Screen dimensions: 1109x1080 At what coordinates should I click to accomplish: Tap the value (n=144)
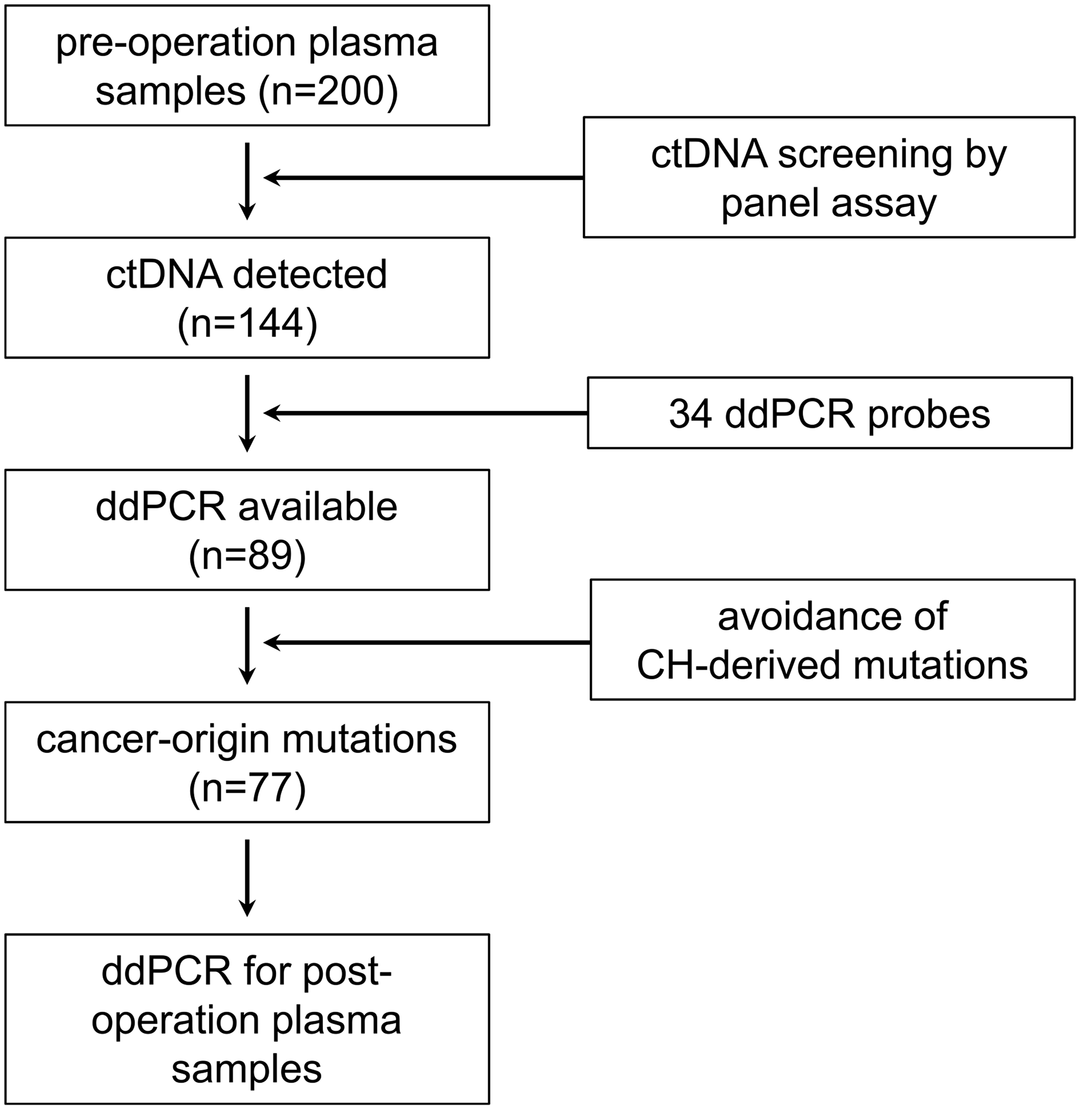(x=247, y=324)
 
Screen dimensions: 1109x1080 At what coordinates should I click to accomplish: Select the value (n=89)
(x=247, y=556)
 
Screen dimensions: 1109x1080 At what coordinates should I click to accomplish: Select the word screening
(x=865, y=154)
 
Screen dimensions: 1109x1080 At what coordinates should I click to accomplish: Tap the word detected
(x=310, y=275)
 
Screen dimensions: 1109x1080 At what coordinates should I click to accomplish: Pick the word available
(x=318, y=507)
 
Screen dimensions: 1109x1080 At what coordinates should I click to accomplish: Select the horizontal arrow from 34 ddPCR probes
(x=426, y=413)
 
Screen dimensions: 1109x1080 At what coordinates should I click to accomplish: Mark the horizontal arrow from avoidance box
(x=427, y=642)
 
